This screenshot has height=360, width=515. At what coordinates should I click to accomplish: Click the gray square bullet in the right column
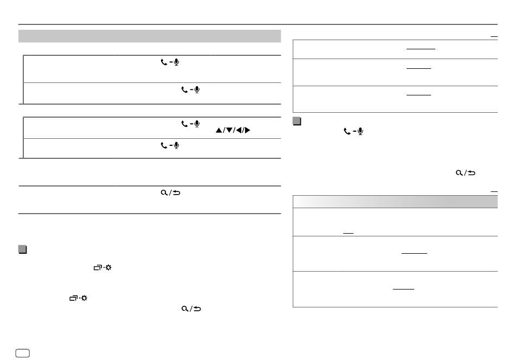296,120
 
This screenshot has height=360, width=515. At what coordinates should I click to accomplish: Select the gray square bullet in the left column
22,249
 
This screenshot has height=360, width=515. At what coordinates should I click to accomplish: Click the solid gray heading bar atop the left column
150,36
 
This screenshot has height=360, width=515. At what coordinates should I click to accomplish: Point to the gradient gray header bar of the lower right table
395,201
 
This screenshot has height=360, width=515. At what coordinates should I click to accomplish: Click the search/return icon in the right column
466,172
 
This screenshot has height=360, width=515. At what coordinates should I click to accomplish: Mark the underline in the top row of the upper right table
421,48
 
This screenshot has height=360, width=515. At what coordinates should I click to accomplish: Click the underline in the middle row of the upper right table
419,68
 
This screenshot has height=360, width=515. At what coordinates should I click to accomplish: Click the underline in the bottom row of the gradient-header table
403,288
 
